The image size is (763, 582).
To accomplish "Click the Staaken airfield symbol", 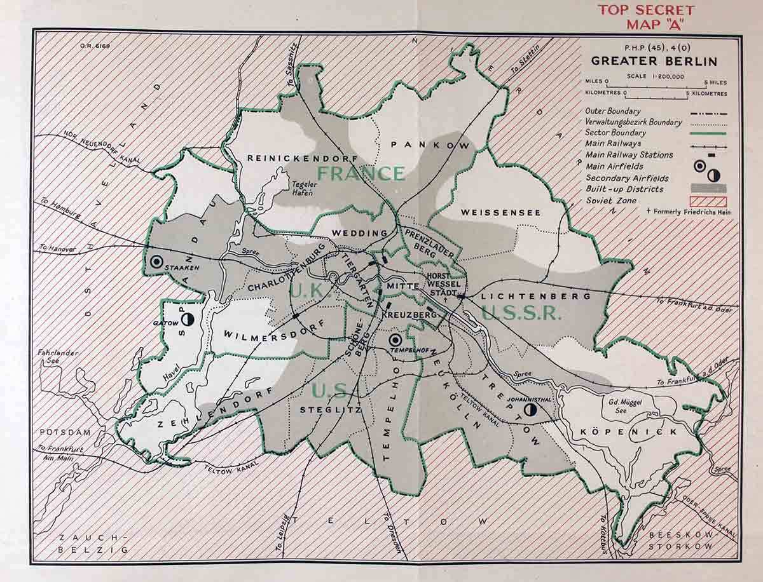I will tap(155, 261).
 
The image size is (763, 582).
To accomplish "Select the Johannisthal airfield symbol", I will tap(531, 411).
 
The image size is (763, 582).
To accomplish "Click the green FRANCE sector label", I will tap(361, 173).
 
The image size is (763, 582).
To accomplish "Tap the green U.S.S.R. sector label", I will tap(521, 313).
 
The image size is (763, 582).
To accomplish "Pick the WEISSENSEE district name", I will tap(500, 212).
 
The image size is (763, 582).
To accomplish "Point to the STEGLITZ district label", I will tap(331, 410).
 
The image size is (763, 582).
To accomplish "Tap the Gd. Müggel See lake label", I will tap(621, 406).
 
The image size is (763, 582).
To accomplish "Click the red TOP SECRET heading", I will tap(646, 11).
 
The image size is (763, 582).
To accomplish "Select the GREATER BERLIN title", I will tap(654, 62).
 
